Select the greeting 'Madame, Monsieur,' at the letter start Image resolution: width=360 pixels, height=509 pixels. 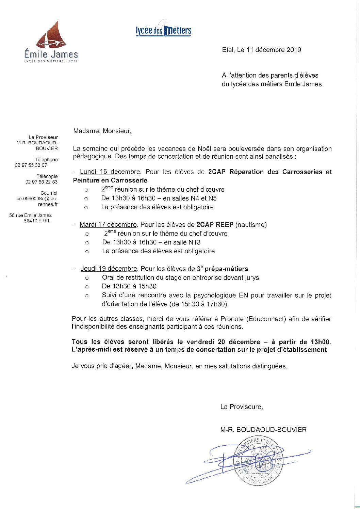point(102,131)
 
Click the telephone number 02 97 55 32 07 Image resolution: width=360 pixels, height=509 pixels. point(31,165)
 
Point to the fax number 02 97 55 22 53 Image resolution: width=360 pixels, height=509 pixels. point(41,182)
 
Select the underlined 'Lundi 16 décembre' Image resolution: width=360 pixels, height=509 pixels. point(110,172)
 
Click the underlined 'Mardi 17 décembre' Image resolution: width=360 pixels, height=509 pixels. point(108,224)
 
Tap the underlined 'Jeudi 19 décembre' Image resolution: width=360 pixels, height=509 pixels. point(109,269)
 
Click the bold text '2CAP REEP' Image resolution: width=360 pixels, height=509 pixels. point(215,224)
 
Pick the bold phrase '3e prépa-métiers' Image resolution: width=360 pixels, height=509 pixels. point(223,269)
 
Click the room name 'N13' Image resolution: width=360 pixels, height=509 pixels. point(194,242)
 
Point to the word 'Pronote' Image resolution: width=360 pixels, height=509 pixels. point(232,319)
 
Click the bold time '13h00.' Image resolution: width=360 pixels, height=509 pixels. point(321,341)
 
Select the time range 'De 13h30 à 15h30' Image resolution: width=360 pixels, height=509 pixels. point(129,286)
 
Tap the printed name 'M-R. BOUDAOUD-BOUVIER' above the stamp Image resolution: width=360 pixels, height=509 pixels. point(263,430)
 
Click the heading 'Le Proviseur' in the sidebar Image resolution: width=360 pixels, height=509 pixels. point(43,137)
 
